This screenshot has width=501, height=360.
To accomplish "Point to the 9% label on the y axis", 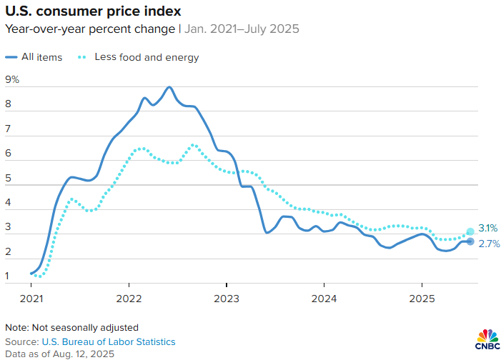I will click(x=12, y=80).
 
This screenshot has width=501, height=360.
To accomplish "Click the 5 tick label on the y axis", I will click(x=8, y=179).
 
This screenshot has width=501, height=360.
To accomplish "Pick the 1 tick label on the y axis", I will click(x=8, y=276).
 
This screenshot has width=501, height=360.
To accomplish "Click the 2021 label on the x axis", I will click(x=31, y=298).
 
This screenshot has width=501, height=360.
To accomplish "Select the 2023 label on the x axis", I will click(x=227, y=298).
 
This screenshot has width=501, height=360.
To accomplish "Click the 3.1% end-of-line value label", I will click(x=488, y=229).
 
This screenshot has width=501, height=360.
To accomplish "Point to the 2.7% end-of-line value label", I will click(x=488, y=244).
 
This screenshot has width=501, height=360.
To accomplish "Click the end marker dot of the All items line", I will click(x=470, y=241).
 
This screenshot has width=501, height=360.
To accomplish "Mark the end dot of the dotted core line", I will click(x=470, y=231).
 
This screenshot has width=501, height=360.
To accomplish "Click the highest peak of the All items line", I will click(x=169, y=87).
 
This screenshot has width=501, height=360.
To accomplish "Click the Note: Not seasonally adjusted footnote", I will click(x=72, y=328).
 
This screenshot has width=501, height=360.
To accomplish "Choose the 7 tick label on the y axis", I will click(x=8, y=129).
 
